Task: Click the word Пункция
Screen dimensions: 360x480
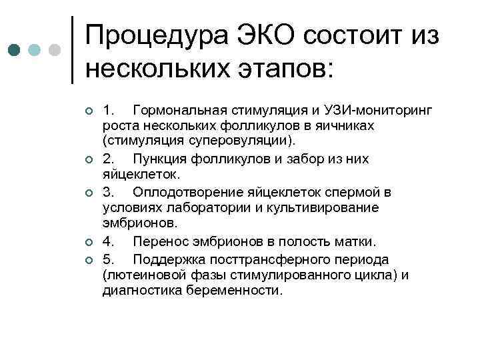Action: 160,159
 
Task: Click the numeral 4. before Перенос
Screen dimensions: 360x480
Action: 109,242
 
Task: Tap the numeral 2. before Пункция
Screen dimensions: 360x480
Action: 109,159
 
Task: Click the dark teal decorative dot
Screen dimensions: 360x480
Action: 15,51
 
